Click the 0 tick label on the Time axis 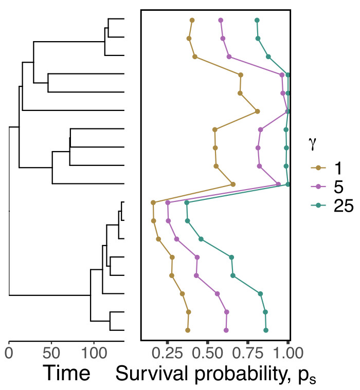click(9, 354)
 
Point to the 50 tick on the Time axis click(51, 354)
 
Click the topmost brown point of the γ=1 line click(192, 20)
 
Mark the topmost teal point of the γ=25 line click(257, 20)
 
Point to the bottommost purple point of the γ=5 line click(226, 330)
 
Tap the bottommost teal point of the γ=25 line click(266, 330)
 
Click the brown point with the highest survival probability click(258, 111)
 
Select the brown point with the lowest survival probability click(153, 202)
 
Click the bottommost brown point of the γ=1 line click(188, 330)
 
